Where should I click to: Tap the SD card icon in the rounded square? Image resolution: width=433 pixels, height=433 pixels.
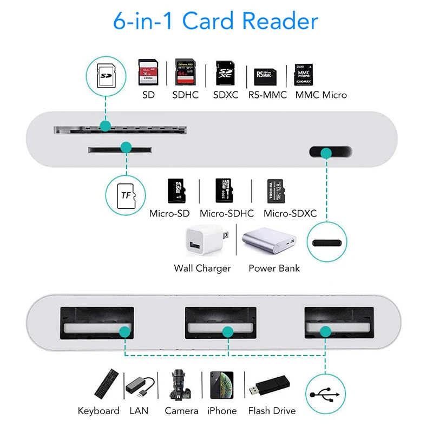107,76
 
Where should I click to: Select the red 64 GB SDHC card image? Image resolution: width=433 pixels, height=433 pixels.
185,72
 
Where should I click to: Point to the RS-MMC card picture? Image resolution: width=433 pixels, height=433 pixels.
266,76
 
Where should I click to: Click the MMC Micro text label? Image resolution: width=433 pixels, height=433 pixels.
321,95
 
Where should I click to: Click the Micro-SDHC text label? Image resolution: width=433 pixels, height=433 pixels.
226,214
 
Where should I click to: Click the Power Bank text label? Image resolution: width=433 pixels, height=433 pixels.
274,268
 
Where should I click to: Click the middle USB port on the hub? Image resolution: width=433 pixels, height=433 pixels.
220,328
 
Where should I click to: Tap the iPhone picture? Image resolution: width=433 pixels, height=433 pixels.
221,385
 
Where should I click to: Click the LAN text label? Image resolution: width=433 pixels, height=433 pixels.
139,411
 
